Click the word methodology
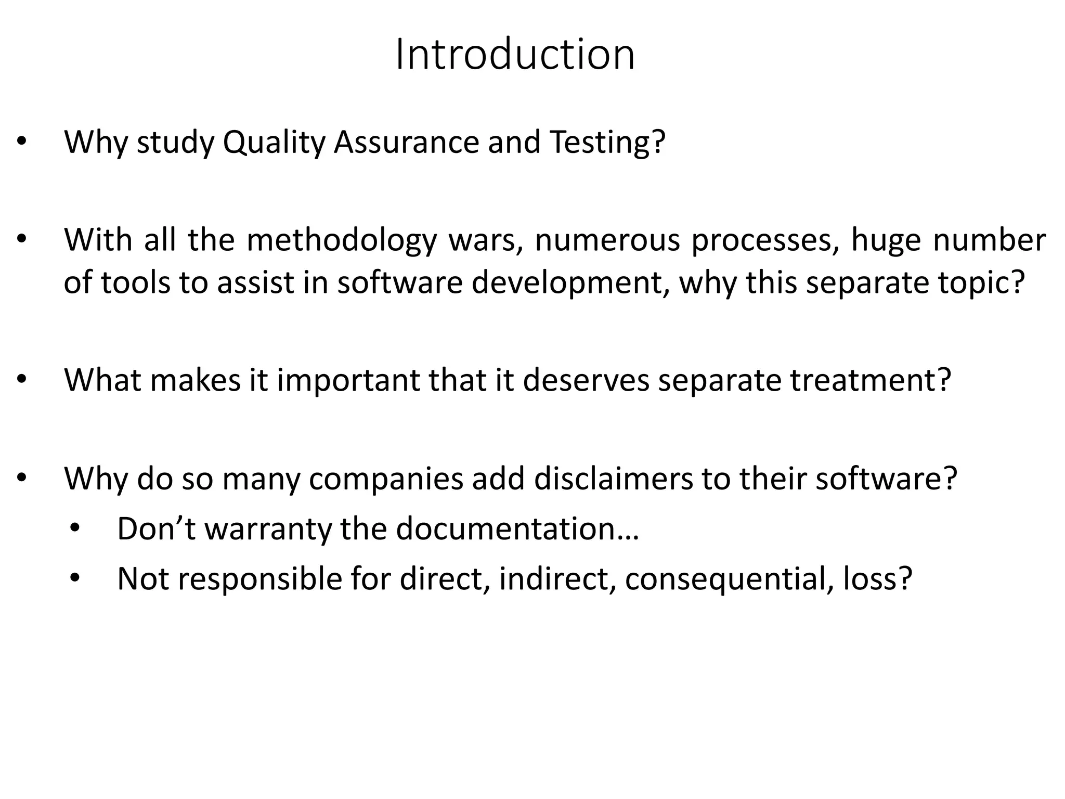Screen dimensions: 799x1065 click(x=342, y=240)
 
